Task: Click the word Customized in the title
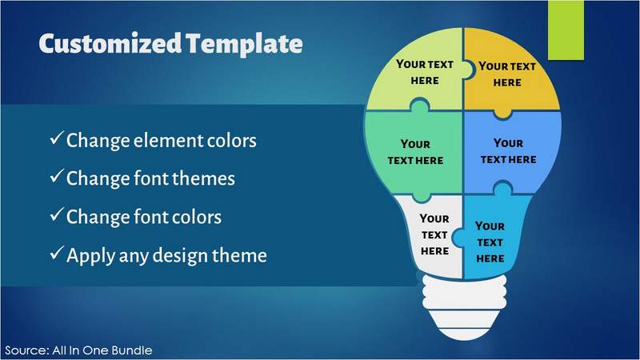[110, 43]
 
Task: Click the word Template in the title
[244, 45]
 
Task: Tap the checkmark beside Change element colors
[56, 138]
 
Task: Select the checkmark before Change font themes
[56, 176]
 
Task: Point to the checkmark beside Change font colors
[56, 214]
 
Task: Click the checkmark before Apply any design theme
[56, 253]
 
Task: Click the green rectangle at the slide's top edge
[566, 30]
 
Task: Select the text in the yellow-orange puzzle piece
[507, 74]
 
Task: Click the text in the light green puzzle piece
[425, 72]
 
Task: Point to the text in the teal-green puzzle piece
[415, 152]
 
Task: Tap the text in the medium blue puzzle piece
[508, 151]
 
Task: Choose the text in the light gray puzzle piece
[434, 234]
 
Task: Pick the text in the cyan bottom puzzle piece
[490, 242]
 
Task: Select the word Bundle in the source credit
[131, 350]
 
